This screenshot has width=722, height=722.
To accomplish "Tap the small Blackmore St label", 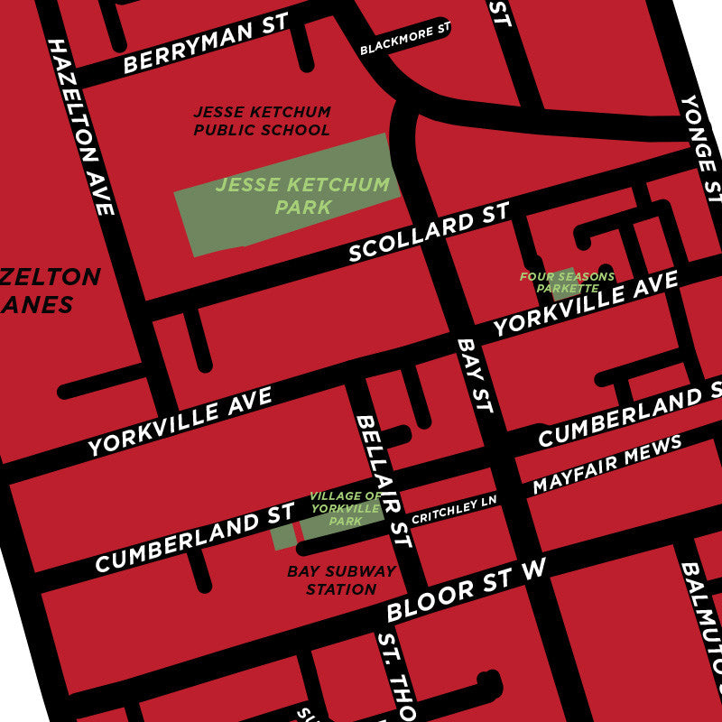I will (404, 40).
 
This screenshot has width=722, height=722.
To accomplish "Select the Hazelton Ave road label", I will (81, 127).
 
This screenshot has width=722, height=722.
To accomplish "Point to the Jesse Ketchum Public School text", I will (263, 121).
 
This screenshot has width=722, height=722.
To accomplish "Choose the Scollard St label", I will (429, 233).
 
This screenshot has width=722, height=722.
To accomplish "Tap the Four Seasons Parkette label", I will (567, 282).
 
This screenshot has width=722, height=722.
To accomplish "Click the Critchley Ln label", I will (454, 511).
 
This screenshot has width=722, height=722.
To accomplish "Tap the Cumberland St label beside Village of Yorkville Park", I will (194, 538).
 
